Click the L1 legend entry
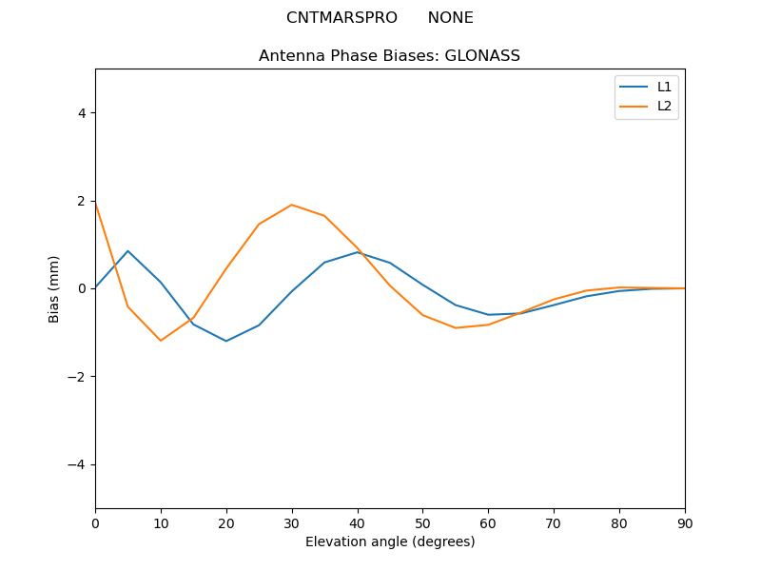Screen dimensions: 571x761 click(664, 87)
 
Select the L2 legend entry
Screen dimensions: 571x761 click(664, 106)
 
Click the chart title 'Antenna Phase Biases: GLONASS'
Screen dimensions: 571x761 click(389, 56)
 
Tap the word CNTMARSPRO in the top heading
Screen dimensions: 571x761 click(341, 18)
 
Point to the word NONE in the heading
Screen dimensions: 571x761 click(450, 18)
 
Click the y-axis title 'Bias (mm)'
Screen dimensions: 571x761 click(54, 288)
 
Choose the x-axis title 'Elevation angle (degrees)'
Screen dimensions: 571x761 click(390, 542)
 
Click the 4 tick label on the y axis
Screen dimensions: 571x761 click(81, 113)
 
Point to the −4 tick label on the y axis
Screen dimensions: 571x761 click(77, 464)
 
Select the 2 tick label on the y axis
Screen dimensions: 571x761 click(81, 201)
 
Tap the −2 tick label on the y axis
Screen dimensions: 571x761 click(77, 377)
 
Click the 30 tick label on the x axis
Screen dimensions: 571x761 click(292, 522)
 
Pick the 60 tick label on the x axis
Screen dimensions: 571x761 click(488, 522)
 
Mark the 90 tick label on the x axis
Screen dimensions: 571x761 click(685, 522)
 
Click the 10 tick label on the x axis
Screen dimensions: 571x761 click(161, 522)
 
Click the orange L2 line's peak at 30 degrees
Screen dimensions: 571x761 click(292, 205)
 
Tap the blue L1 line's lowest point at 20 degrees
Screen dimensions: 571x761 click(226, 341)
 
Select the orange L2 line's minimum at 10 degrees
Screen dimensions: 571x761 click(161, 341)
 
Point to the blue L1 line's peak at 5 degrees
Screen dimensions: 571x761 click(127, 251)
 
